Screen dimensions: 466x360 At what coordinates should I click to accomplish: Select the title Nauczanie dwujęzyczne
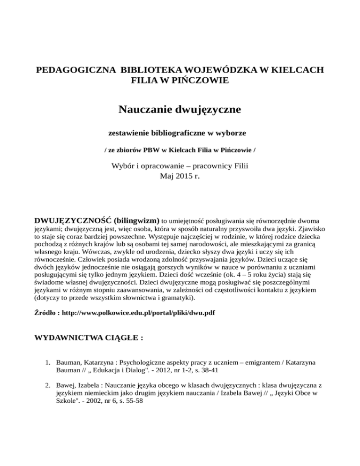point(180,111)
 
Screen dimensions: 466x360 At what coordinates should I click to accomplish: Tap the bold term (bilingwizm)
point(135,219)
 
